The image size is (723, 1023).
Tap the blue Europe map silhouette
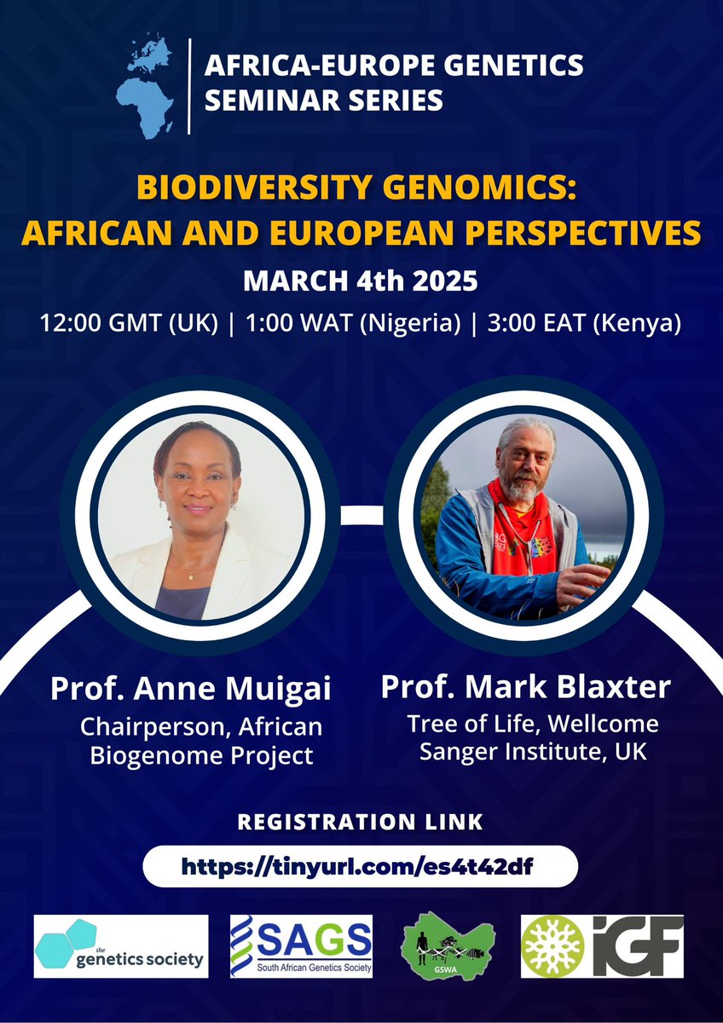pyautogui.click(x=151, y=54)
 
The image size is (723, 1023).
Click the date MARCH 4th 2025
pyautogui.click(x=361, y=280)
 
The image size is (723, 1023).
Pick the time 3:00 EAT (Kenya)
pyautogui.click(x=584, y=324)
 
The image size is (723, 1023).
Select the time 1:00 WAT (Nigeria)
pyautogui.click(x=353, y=324)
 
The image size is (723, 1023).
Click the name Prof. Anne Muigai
pyautogui.click(x=190, y=689)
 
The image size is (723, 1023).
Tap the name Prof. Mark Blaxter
pyautogui.click(x=526, y=686)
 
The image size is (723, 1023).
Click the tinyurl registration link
pyautogui.click(x=357, y=866)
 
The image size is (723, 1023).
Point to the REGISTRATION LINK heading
pyautogui.click(x=360, y=822)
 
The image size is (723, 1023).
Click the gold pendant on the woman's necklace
pyautogui.click(x=190, y=575)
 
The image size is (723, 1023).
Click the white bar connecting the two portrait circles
pyautogui.click(x=361, y=515)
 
